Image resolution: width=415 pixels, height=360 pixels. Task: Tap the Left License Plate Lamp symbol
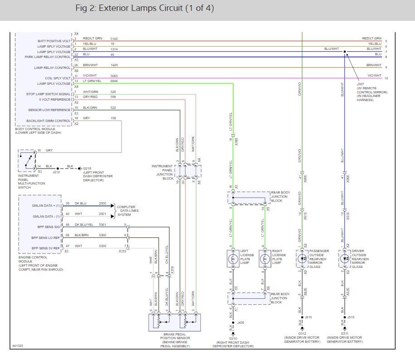point(233,259)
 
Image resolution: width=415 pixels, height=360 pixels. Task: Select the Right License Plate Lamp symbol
point(264,259)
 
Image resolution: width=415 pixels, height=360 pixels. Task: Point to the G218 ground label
point(87,168)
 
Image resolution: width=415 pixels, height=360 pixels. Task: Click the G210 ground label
point(233,338)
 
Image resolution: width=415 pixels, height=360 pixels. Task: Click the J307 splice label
point(360,84)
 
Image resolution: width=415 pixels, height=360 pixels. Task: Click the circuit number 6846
point(114,81)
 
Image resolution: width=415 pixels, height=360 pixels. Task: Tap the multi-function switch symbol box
point(27,160)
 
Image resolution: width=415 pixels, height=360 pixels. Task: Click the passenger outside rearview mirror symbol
point(302,259)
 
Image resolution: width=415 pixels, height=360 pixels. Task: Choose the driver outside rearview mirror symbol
point(345,259)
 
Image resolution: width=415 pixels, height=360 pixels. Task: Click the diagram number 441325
point(17,346)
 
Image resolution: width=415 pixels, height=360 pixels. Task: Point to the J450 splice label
point(241,322)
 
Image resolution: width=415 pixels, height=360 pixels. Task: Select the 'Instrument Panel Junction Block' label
point(162,172)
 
